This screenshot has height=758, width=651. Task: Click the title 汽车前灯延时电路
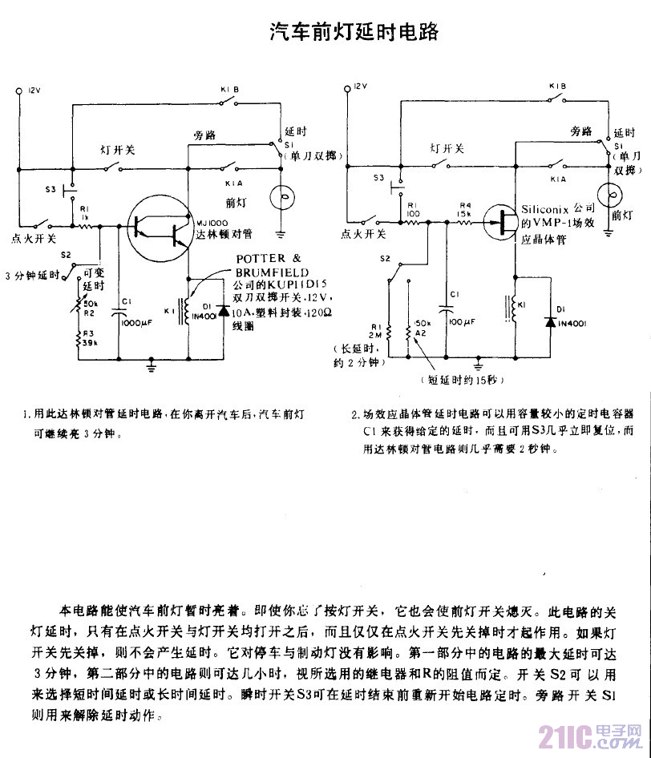point(353,32)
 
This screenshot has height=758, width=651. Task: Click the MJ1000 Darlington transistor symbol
point(160,229)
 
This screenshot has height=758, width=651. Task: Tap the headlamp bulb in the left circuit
point(280,197)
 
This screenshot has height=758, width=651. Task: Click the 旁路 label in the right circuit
point(580,131)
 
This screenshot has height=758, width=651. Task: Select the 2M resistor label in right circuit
point(376,333)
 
